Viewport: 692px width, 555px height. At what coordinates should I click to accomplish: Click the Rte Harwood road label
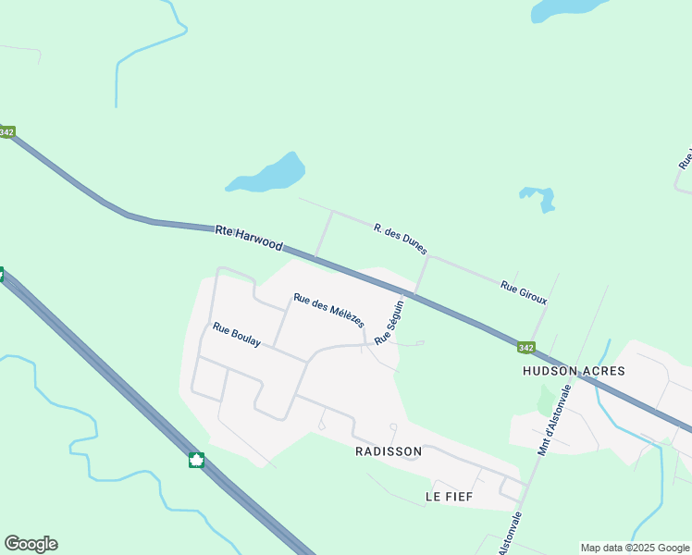[x=249, y=237]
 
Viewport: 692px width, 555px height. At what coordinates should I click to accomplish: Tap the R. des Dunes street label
[x=401, y=239]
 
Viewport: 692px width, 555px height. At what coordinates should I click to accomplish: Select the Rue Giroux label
[x=524, y=293]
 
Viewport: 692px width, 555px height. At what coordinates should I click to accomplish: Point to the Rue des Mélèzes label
[x=328, y=311]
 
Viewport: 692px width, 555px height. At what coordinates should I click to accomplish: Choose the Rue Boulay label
[x=237, y=335]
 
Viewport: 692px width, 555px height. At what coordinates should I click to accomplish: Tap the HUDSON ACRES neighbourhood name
[x=574, y=371]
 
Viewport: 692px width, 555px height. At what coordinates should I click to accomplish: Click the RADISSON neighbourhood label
[x=389, y=451]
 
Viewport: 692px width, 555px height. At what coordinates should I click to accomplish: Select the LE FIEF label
[x=449, y=497]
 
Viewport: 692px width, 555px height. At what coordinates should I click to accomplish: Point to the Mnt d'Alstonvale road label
[x=557, y=421]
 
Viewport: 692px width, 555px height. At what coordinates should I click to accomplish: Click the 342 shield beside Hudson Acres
[x=525, y=348]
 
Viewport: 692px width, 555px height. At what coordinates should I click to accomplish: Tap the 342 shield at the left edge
[x=6, y=132]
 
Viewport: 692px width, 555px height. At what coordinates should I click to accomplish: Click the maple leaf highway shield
[x=196, y=460]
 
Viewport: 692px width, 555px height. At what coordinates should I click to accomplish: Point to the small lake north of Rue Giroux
[x=538, y=197]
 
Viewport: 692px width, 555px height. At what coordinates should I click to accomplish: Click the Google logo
[x=31, y=544]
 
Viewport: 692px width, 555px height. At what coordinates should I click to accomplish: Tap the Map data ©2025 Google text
[x=635, y=548]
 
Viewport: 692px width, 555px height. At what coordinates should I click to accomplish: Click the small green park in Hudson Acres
[x=545, y=400]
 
